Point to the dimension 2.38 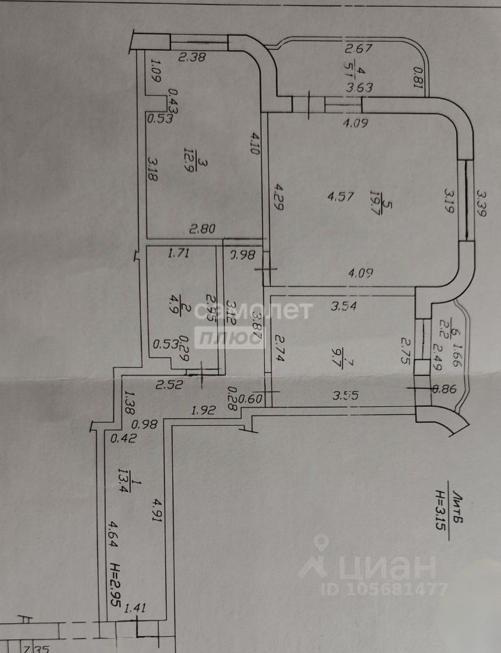click(191, 58)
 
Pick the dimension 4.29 click(278, 197)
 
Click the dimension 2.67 click(358, 48)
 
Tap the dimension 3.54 click(344, 307)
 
